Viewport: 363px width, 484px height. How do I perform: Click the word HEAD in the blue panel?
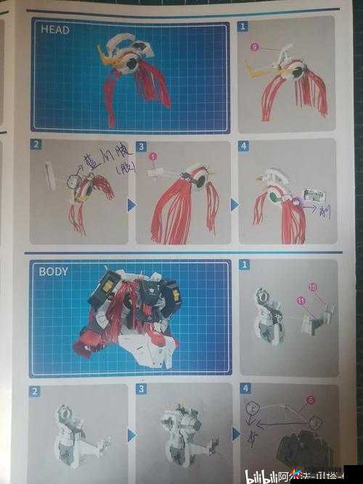(56, 30)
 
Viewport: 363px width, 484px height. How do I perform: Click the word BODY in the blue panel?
(54, 271)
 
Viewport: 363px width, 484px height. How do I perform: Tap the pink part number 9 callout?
(254, 47)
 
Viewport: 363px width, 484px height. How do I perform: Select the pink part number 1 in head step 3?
(153, 156)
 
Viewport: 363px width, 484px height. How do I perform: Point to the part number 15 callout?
(312, 287)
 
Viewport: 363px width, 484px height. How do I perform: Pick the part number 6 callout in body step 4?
(310, 399)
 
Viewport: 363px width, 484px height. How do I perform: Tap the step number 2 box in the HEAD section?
(36, 144)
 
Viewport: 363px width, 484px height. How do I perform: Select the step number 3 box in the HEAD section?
(141, 146)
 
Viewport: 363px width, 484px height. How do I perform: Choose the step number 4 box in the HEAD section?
(245, 146)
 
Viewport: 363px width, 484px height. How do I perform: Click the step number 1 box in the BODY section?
(245, 265)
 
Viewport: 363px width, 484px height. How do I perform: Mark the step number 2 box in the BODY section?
(35, 391)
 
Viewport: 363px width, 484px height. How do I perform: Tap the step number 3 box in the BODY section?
(141, 389)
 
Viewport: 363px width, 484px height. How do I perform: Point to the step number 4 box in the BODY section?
(245, 388)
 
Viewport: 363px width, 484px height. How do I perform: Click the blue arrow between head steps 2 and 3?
(131, 205)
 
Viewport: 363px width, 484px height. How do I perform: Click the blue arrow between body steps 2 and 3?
(131, 435)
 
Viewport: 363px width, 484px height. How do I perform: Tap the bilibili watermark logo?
(265, 476)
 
